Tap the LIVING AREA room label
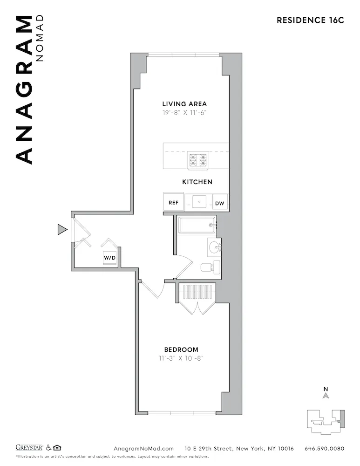(x=184, y=104)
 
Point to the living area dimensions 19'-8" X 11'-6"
(x=184, y=112)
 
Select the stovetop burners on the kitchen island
(x=197, y=160)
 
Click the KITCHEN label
(x=197, y=182)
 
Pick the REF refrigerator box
(x=173, y=202)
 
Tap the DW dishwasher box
(x=220, y=203)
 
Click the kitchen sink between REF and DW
(x=199, y=202)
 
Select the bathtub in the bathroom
(x=197, y=225)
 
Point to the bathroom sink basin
(x=214, y=247)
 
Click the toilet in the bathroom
(x=210, y=267)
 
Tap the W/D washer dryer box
(x=110, y=257)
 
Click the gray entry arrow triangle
(x=62, y=229)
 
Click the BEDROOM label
(x=181, y=349)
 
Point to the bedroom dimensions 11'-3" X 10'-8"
(x=181, y=358)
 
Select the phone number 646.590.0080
(x=324, y=448)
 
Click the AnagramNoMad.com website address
(x=143, y=448)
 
